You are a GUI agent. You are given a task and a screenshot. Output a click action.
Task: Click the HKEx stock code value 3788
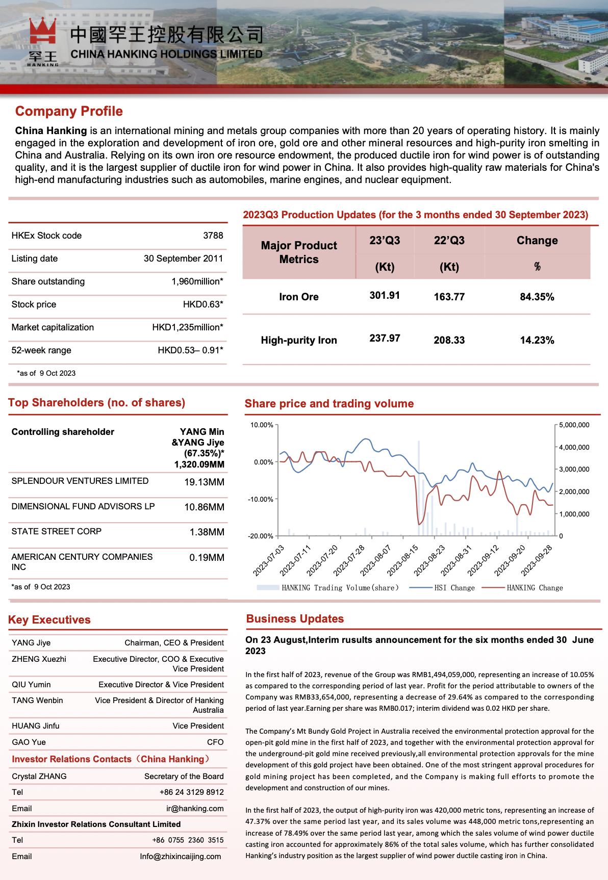point(213,236)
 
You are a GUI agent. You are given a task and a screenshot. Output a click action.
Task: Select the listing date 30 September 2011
point(183,258)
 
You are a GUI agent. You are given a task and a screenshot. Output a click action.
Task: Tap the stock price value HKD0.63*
point(202,304)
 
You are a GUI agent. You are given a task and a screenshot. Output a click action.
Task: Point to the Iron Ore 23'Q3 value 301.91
point(385,296)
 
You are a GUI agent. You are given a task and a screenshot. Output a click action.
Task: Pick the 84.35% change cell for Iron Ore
point(537,297)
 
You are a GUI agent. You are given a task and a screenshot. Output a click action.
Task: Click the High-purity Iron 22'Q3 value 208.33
point(449,340)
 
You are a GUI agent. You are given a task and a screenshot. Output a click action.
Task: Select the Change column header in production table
point(537,241)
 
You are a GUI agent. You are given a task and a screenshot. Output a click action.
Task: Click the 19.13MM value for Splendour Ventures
point(204,482)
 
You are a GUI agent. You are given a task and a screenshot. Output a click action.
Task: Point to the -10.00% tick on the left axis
point(261,499)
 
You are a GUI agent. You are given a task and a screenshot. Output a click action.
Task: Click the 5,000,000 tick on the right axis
point(574,425)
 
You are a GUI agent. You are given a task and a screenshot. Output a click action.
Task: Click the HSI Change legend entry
point(454,588)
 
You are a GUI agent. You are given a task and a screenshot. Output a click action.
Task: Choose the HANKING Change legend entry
point(535,588)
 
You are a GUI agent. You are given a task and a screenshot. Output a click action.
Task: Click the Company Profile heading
point(69,111)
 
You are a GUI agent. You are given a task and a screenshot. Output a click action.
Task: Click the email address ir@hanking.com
point(195,809)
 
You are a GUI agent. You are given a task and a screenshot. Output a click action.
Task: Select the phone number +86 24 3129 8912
point(191,792)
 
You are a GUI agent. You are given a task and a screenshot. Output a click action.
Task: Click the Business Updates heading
point(295,619)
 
